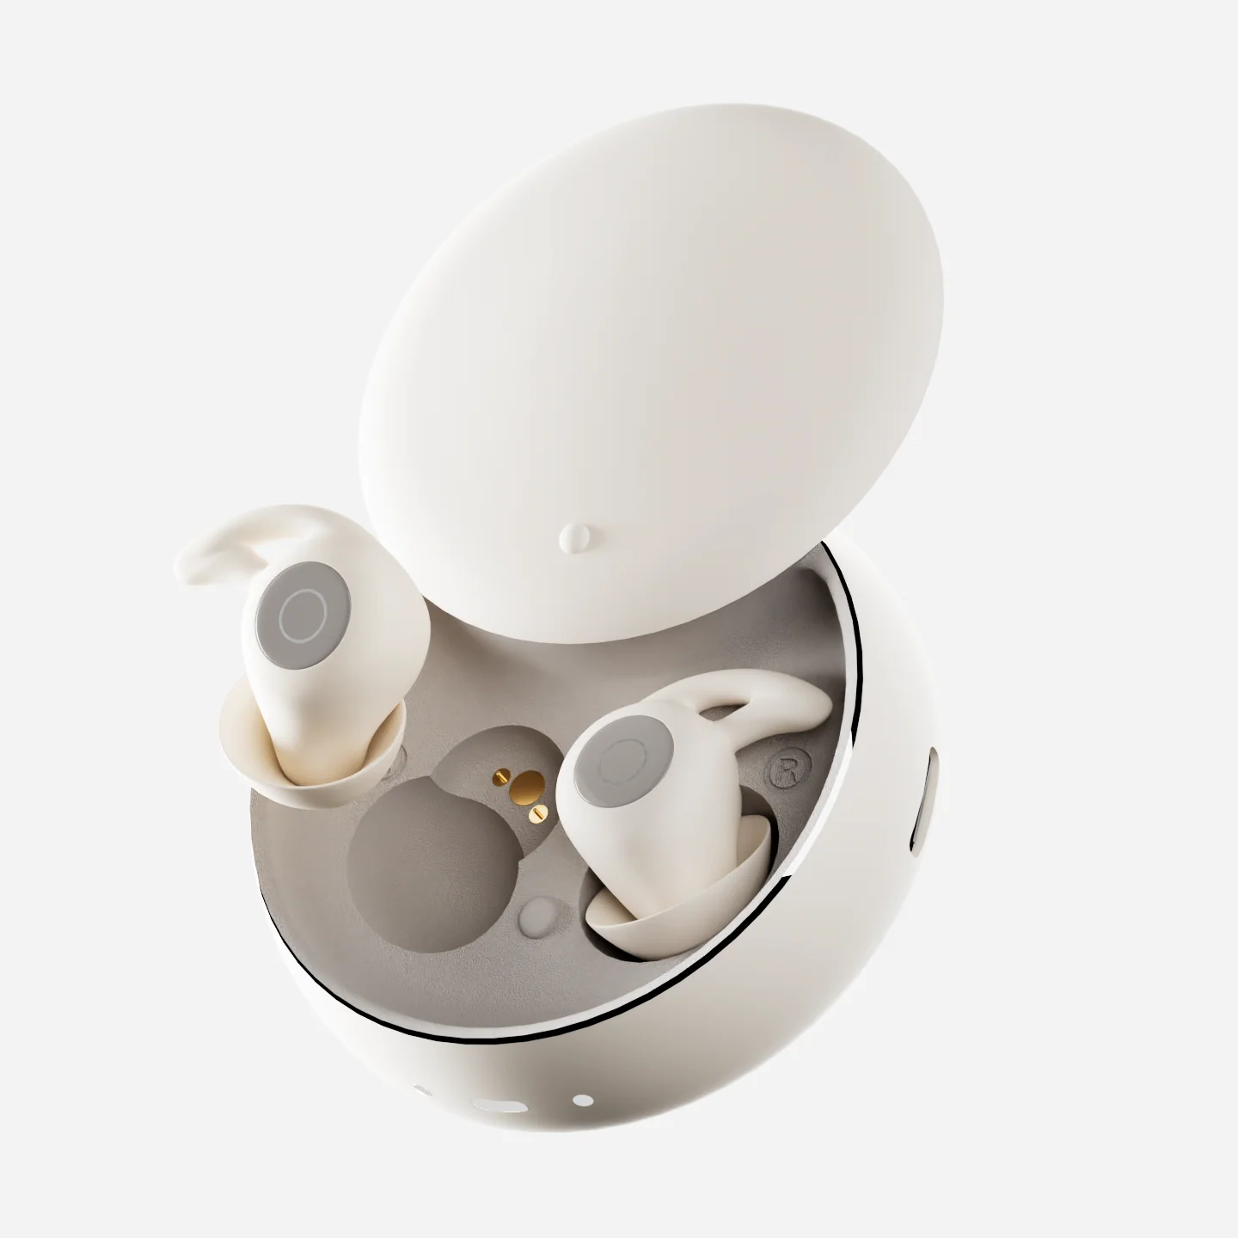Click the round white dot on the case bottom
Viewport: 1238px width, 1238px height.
click(582, 1099)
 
